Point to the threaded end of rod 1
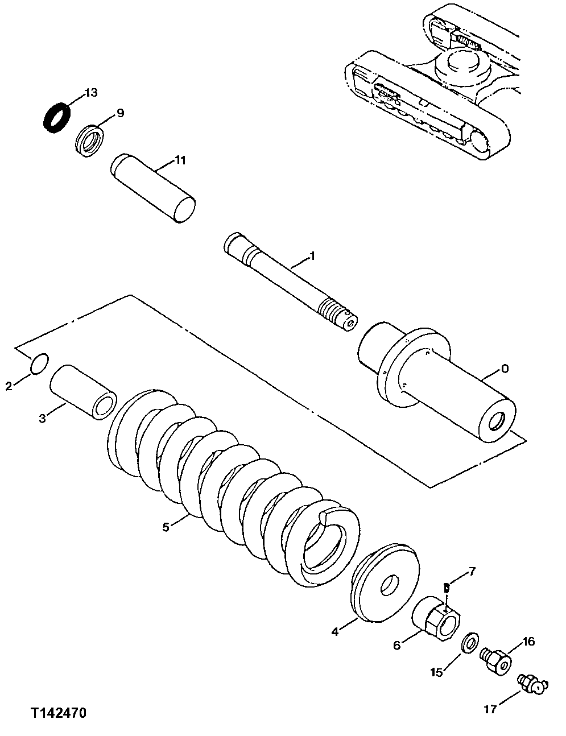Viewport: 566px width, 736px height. pos(336,312)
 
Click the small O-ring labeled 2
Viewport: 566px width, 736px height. pos(38,365)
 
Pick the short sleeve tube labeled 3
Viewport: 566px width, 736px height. pos(83,392)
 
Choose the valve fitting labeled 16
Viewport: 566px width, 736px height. pos(496,661)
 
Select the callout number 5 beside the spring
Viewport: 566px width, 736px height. pos(166,527)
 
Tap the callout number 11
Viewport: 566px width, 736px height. pos(180,160)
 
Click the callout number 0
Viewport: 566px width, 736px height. pos(505,369)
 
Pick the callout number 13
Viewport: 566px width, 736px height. pos(91,93)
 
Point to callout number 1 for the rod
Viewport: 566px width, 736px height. pos(312,257)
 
